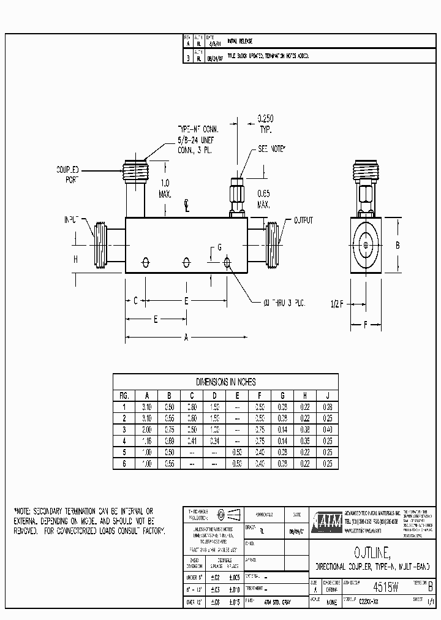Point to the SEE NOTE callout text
tap(271, 149)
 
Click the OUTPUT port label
tap(303, 219)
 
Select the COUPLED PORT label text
tap(69, 175)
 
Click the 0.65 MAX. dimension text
tap(264, 197)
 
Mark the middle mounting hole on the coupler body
tap(186, 262)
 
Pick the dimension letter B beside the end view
tap(398, 245)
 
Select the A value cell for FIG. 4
tap(146, 440)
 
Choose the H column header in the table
tap(304, 395)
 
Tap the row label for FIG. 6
tap(124, 464)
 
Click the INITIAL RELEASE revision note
tap(240, 41)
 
